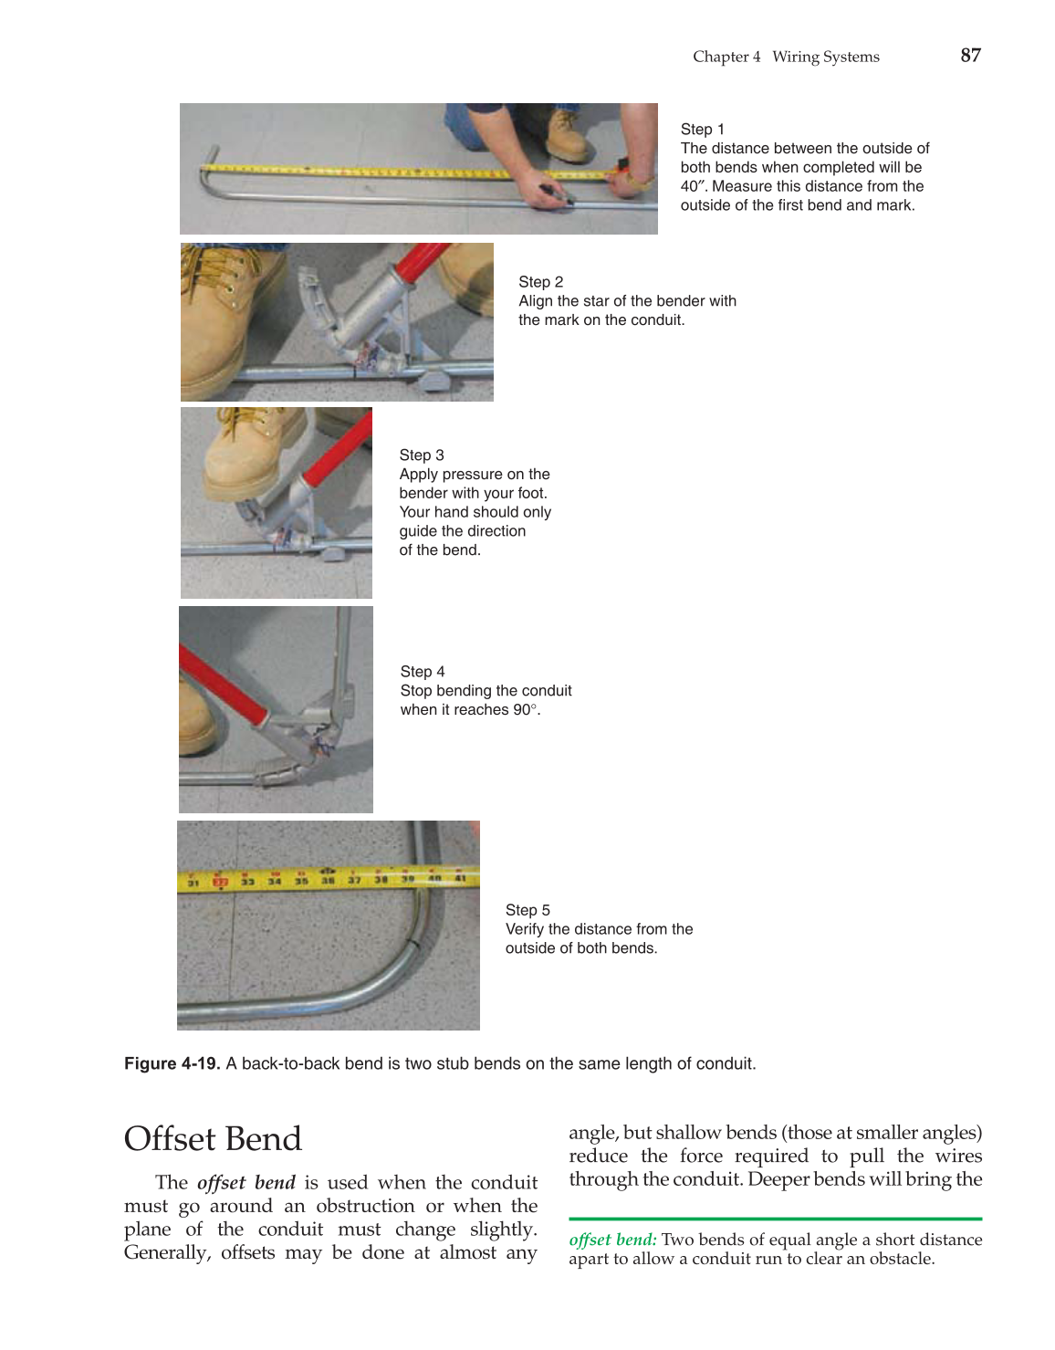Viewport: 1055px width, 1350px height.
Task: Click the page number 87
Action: [x=970, y=56]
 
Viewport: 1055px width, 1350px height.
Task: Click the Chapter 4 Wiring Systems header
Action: [x=786, y=57]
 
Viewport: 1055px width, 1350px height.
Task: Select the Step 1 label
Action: [x=702, y=130]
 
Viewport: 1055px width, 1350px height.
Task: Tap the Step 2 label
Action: [x=540, y=282]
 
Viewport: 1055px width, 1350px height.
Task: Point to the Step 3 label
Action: [x=422, y=455]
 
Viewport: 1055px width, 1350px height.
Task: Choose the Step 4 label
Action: [x=423, y=672]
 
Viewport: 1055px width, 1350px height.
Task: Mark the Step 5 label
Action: [x=527, y=910]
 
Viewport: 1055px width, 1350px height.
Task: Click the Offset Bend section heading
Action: [x=213, y=1139]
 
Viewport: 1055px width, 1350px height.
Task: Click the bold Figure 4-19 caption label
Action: [x=172, y=1063]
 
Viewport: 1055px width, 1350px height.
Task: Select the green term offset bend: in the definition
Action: [x=612, y=1240]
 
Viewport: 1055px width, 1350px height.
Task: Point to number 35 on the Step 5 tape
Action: [x=301, y=882]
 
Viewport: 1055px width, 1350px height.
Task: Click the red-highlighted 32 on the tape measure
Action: [x=220, y=882]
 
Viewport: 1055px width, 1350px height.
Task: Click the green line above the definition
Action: [x=775, y=1219]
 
